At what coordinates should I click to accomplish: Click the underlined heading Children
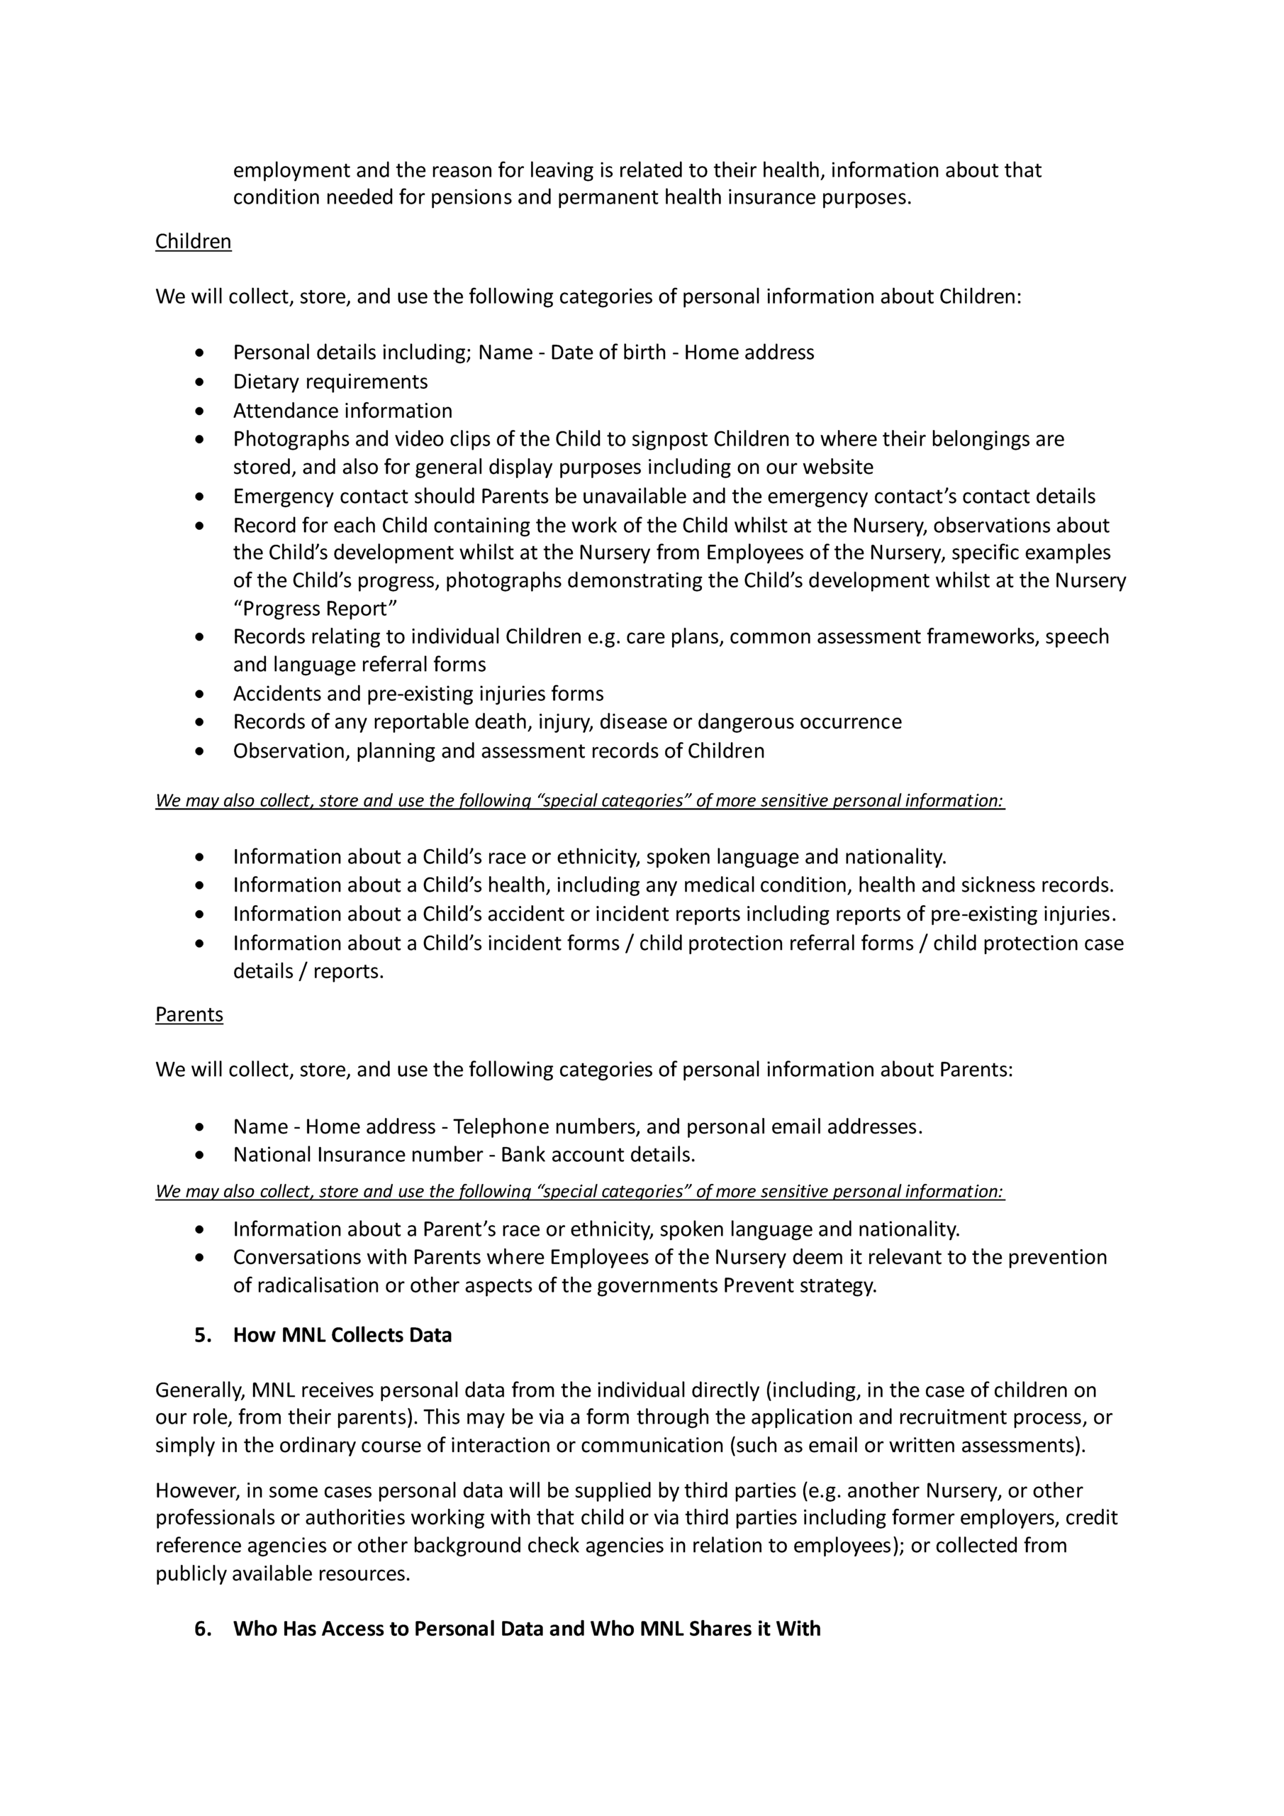[193, 241]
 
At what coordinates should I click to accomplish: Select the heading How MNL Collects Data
[342, 1335]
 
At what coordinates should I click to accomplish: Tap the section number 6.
[202, 1629]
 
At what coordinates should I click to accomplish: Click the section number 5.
[202, 1335]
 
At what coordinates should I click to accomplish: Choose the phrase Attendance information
[342, 411]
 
